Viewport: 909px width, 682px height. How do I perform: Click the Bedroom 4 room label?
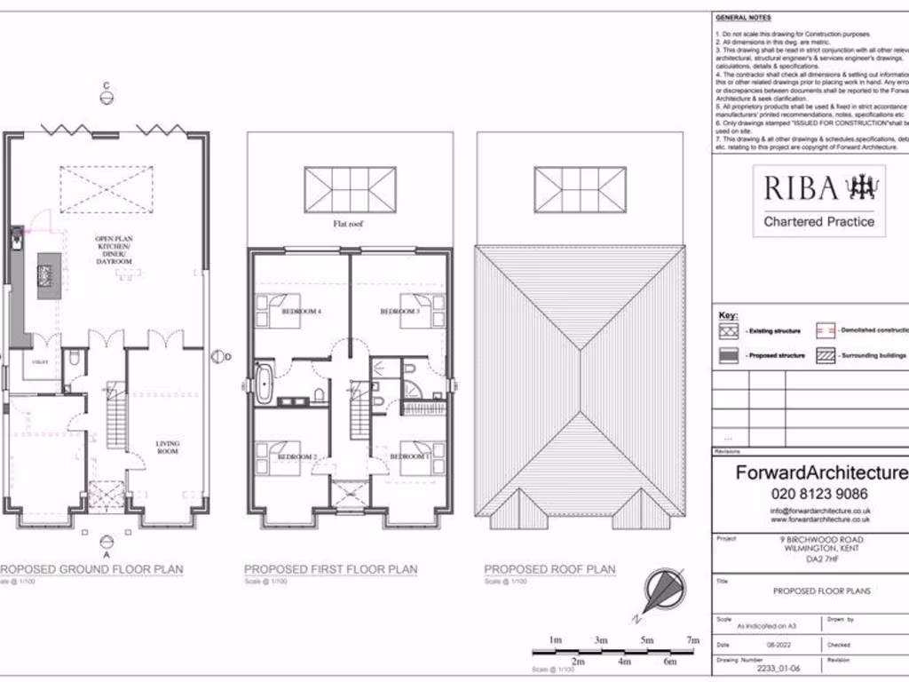(301, 313)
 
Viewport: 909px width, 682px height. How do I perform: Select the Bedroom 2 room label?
(296, 456)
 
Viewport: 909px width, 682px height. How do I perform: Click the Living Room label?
(167, 448)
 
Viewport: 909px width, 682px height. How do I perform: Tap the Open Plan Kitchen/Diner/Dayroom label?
(114, 250)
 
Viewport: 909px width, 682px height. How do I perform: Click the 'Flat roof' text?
(349, 225)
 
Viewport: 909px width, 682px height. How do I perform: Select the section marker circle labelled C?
(106, 99)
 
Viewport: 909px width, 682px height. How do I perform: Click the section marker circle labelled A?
(106, 542)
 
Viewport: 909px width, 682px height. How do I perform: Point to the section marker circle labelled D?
(217, 356)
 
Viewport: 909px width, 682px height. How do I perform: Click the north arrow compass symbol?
(661, 592)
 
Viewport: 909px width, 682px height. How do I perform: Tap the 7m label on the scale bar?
(692, 640)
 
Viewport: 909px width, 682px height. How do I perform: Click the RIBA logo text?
(801, 188)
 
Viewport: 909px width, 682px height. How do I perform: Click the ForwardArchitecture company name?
(820, 473)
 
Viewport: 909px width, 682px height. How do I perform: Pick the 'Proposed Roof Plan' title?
(549, 569)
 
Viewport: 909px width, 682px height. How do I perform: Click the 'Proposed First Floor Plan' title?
(324, 569)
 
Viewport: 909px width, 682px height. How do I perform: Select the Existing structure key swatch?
(729, 330)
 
